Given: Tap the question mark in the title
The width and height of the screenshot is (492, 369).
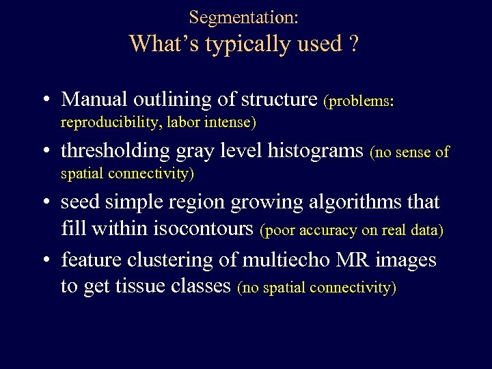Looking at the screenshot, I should pos(353,44).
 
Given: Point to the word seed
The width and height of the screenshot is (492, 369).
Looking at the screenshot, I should pos(77,202).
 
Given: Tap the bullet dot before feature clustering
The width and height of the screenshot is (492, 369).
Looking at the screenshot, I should pos(44,261).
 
